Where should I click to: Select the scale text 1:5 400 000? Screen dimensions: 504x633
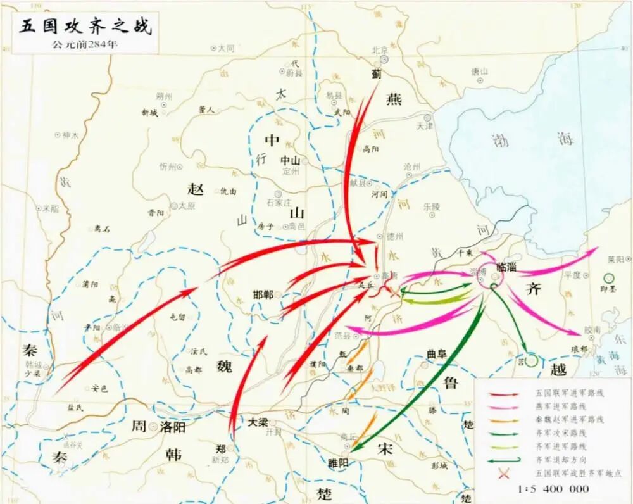pos(553,488)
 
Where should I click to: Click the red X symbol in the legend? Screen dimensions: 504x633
pos(505,473)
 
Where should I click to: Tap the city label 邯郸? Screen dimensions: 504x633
pos(263,295)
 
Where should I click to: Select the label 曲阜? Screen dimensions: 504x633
pos(437,355)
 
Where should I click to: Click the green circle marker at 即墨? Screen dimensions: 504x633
pos(609,277)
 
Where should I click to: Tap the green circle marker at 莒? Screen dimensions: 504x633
pos(532,360)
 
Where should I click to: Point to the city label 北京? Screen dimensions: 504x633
pos(379,50)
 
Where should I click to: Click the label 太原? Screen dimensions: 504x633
pos(187,206)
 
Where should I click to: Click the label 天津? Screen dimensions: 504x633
pos(424,126)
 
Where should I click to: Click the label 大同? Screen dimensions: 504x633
pos(226,48)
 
